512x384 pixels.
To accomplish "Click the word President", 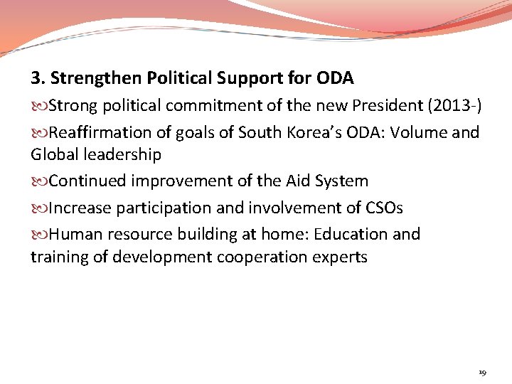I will point(389,107).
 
